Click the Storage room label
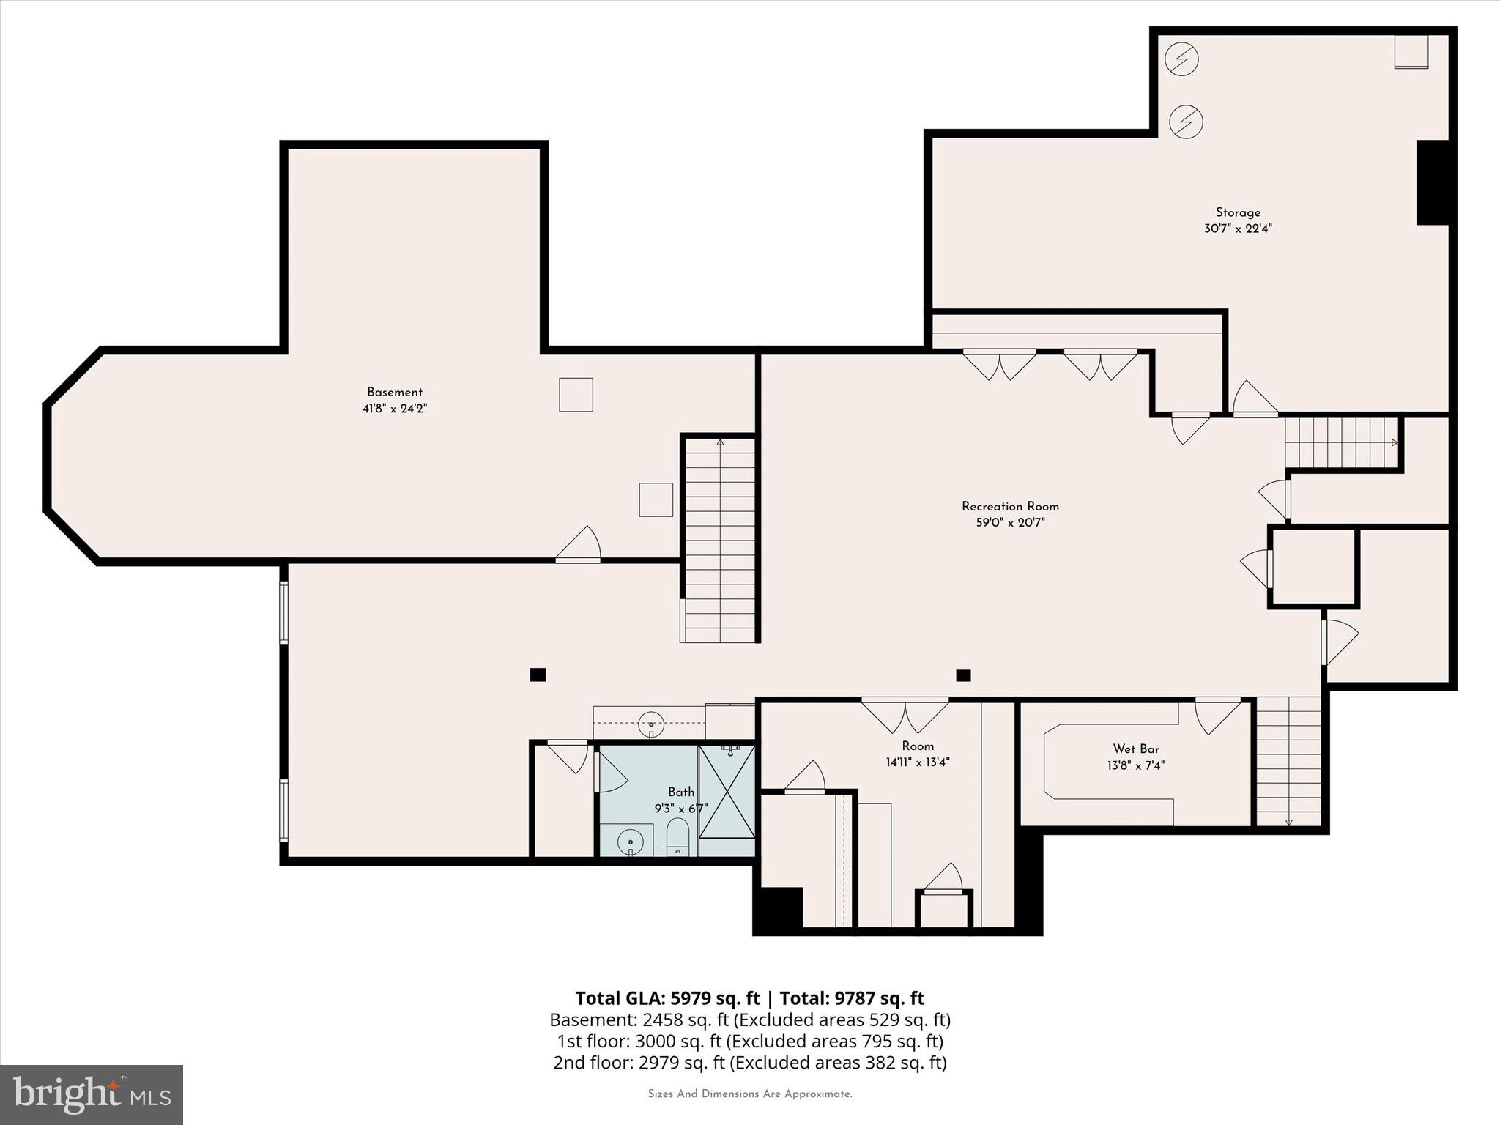tap(1238, 212)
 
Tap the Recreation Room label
tap(1010, 506)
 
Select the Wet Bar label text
tap(1135, 749)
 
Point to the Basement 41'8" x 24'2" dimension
tap(395, 409)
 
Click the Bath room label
tap(680, 792)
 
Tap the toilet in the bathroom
tap(677, 836)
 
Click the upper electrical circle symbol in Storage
tap(1181, 59)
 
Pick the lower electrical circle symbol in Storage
tap(1186, 122)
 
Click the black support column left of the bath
tap(538, 675)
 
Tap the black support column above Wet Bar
tap(963, 675)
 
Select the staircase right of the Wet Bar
tap(1288, 762)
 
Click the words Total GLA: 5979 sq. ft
tap(667, 998)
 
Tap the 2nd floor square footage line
tap(749, 1062)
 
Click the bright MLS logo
tap(92, 1094)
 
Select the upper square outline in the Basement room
tap(576, 395)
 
